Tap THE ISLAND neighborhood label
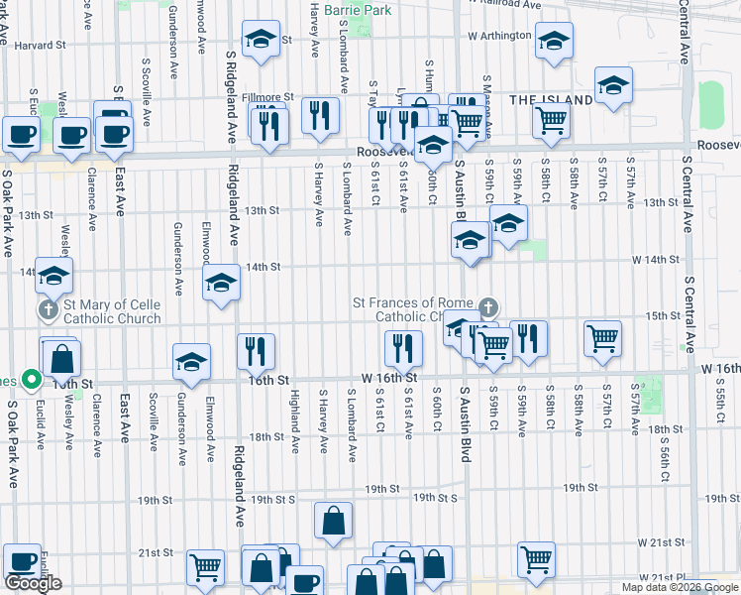click(552, 100)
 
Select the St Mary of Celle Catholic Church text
click(112, 311)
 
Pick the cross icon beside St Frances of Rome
click(486, 307)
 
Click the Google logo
click(33, 583)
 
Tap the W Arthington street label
click(500, 36)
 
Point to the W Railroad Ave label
click(500, 4)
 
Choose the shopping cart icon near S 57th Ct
click(602, 338)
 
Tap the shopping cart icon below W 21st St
click(536, 558)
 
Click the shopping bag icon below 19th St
click(334, 520)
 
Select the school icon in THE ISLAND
click(613, 85)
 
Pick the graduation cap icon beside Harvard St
click(262, 40)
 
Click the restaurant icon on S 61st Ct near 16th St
click(402, 348)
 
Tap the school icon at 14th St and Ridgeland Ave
click(221, 285)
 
